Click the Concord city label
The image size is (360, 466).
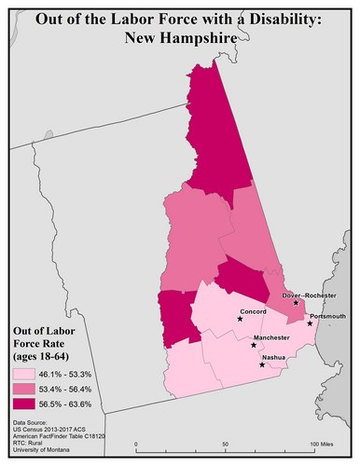tap(254, 311)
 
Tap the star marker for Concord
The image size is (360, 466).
tap(240, 320)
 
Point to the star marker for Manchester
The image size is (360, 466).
tap(254, 345)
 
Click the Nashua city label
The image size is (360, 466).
tap(274, 357)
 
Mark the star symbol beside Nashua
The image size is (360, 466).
tap(262, 364)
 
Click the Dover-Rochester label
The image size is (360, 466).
tap(310, 295)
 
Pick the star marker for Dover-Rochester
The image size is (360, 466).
tap(296, 303)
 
